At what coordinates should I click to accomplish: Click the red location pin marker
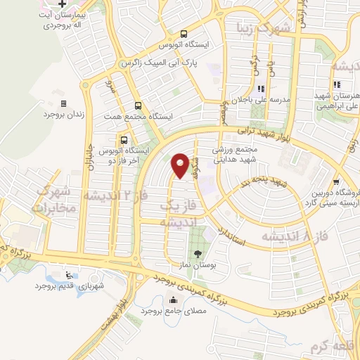[181, 165]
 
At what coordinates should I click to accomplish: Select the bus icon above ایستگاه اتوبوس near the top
[184, 34]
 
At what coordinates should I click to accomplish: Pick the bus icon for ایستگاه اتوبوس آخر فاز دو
[124, 139]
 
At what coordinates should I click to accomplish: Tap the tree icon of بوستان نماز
[197, 255]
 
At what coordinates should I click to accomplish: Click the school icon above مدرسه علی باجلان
[261, 89]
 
